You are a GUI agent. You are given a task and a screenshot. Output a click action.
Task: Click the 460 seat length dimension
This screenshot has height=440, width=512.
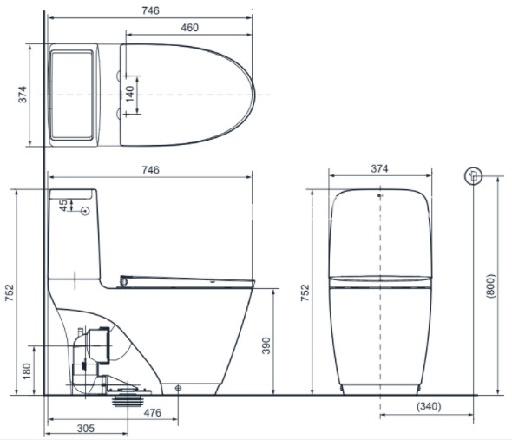(189, 28)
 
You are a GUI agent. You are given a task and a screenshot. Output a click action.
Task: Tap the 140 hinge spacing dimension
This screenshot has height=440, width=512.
(130, 94)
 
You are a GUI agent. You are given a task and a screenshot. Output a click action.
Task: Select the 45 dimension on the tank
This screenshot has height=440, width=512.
(63, 205)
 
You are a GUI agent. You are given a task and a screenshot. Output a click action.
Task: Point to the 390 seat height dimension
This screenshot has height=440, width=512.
(266, 345)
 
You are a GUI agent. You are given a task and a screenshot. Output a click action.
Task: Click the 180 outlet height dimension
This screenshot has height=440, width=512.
(26, 371)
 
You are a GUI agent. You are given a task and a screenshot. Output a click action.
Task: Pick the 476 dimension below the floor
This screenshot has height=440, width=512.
(153, 413)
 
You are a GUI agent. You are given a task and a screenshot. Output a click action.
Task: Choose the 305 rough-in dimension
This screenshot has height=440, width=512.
(86, 428)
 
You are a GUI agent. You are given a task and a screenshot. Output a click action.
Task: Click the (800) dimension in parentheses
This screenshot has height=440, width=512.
(490, 286)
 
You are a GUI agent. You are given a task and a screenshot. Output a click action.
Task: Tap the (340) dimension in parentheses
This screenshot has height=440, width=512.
(429, 406)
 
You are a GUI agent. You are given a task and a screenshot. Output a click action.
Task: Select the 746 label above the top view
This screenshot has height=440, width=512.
(150, 10)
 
